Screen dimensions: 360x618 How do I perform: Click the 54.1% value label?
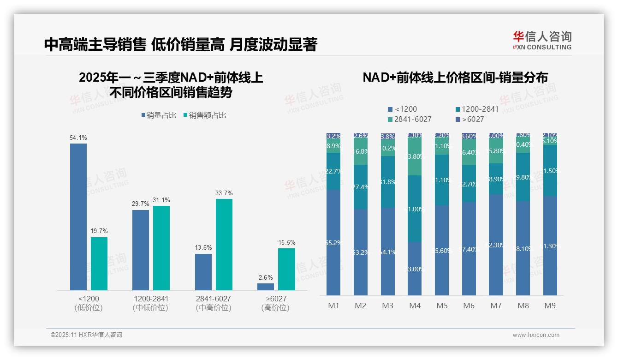(x=78, y=138)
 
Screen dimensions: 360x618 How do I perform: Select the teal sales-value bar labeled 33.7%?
(x=224, y=244)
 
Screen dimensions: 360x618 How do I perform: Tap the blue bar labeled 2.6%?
(x=266, y=287)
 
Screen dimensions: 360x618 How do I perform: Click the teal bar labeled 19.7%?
(x=99, y=264)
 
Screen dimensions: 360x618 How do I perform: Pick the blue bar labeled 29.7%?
(x=141, y=250)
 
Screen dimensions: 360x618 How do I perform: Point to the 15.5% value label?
(x=287, y=242)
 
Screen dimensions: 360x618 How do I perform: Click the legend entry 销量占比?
(x=159, y=115)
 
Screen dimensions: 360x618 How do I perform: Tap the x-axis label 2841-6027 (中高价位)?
(x=214, y=303)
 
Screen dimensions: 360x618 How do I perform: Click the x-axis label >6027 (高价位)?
(x=276, y=303)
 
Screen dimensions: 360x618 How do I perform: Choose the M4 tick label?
(x=415, y=306)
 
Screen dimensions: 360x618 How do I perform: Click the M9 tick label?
(x=550, y=306)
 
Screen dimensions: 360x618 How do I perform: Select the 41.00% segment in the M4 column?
(x=415, y=209)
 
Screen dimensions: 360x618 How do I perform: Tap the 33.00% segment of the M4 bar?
(x=415, y=269)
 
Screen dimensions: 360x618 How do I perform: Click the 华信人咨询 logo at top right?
(x=542, y=40)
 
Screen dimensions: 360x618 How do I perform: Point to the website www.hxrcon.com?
(x=536, y=335)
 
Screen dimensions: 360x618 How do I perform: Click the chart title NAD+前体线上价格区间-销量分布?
(x=455, y=78)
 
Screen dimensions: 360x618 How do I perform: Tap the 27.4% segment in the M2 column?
(x=360, y=187)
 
